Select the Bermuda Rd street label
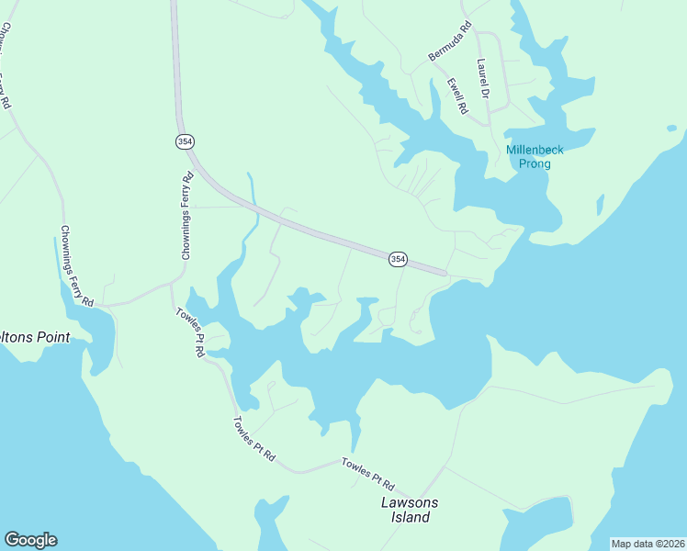pos(449,42)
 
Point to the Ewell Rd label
pos(456,96)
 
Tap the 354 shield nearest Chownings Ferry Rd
pos(186,141)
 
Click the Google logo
pos(30,540)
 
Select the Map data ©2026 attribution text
pos(648,544)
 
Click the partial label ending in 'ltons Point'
pos(35,337)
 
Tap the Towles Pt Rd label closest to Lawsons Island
pos(367,473)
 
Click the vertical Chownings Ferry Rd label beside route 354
pos(186,216)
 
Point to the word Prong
pos(535,164)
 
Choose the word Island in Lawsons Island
pos(405,517)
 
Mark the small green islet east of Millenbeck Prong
pos(601,204)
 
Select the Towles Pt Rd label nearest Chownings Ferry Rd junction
pos(191,332)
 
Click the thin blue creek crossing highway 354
pos(250,197)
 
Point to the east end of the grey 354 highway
pos(445,272)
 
